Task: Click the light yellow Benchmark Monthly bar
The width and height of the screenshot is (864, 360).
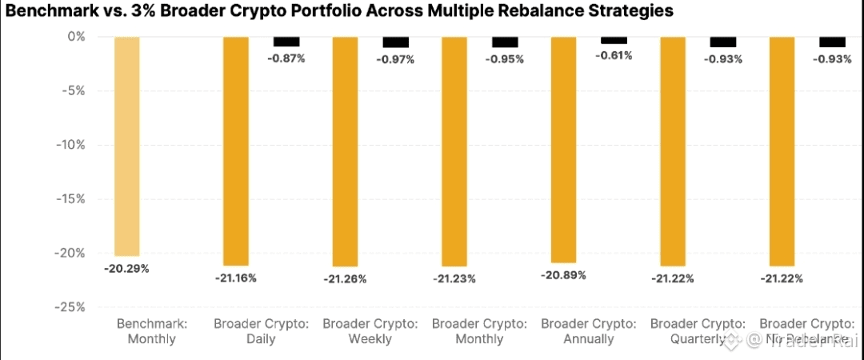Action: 126,146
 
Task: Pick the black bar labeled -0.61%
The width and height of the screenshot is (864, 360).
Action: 614,40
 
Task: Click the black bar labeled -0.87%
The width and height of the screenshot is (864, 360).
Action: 286,42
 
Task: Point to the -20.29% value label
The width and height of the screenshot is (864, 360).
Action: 126,268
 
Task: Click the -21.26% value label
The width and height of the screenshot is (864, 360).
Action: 345,279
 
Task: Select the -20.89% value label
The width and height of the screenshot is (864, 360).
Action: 563,275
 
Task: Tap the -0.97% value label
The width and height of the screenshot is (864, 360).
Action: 395,60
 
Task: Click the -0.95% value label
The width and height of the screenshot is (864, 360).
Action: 505,59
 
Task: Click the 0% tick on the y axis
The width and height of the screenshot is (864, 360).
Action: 76,36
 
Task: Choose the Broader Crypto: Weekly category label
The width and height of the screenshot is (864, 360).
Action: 370,331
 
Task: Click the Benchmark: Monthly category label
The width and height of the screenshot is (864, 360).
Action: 152,331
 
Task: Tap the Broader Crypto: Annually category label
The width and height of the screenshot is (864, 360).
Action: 588,331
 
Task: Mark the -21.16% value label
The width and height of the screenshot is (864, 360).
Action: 235,278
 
